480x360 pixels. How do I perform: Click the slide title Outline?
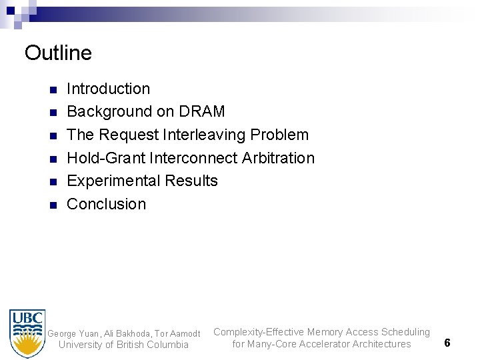[58, 52]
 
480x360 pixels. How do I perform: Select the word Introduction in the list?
[109, 89]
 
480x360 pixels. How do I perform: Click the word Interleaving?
[203, 135]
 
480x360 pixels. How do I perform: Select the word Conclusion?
[107, 204]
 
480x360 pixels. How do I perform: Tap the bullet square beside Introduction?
[53, 89]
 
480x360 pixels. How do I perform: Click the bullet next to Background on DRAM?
[53, 112]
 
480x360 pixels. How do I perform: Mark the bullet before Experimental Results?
[53, 181]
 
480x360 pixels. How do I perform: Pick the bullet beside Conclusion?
[53, 205]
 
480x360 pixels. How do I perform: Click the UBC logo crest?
[27, 333]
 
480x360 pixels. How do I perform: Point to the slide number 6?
[447, 342]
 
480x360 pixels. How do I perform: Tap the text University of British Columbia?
[124, 345]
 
